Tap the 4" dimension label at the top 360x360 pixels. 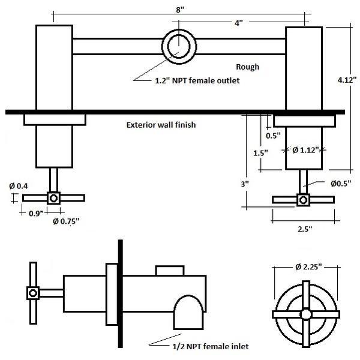click(x=238, y=23)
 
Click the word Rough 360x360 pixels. click(x=247, y=67)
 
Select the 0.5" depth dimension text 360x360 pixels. click(x=273, y=136)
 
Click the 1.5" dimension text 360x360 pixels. click(x=260, y=153)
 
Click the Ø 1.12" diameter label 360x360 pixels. click(x=307, y=150)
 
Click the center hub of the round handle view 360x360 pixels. click(x=305, y=314)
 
